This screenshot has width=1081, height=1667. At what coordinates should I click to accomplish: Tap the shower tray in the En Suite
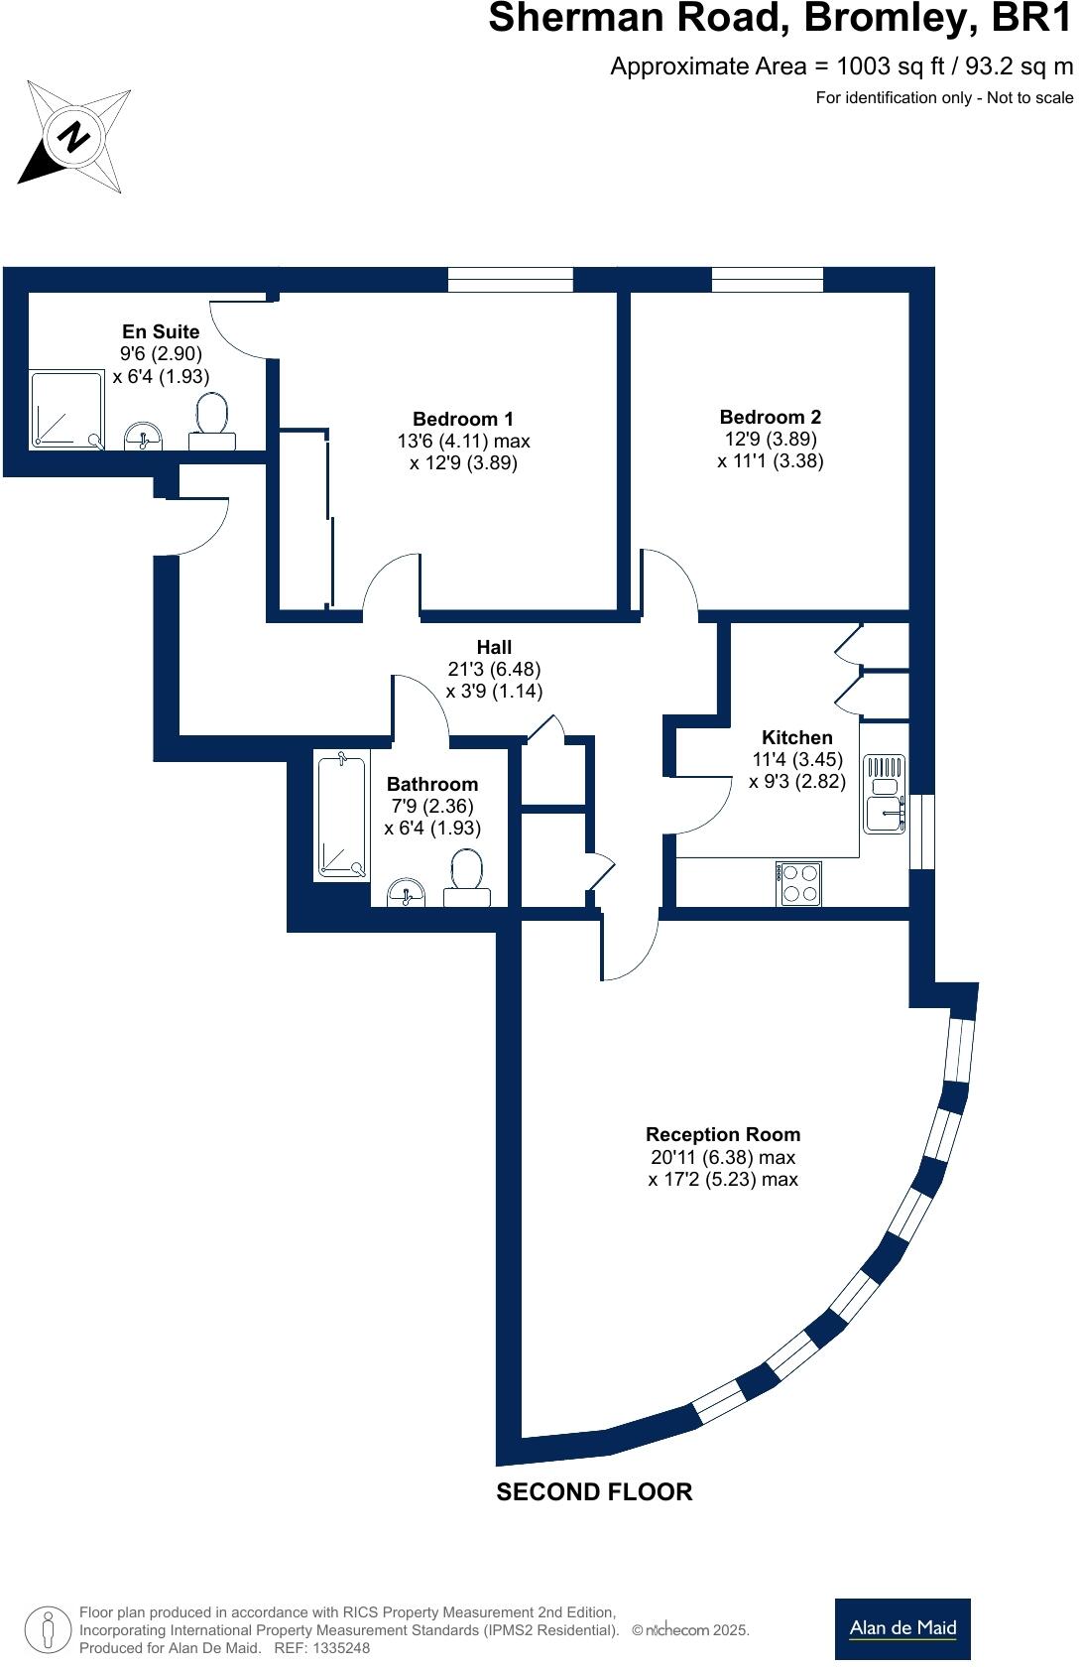[66, 409]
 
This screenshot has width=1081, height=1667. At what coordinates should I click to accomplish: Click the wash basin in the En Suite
[145, 437]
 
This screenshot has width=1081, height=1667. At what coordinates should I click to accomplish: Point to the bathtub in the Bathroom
[341, 816]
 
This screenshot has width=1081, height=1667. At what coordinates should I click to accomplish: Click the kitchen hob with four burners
[798, 882]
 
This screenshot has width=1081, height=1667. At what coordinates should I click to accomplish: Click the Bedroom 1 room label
[463, 419]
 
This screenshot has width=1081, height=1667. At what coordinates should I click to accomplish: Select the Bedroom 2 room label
[771, 417]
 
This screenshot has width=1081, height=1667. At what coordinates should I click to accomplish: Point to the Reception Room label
[723, 1134]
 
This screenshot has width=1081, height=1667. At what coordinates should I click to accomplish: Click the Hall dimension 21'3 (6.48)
[494, 670]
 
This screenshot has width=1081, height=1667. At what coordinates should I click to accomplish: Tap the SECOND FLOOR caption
[594, 1492]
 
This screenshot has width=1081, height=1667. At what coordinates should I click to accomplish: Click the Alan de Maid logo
[902, 1628]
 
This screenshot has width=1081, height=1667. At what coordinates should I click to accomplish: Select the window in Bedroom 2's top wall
[768, 281]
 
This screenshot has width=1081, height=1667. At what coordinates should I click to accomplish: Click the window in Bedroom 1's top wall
[510, 281]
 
